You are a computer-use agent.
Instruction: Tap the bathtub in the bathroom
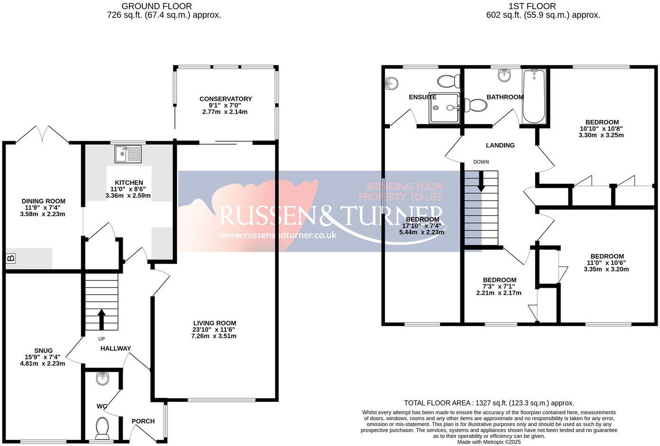point(534,97)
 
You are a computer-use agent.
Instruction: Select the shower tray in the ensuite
point(444,108)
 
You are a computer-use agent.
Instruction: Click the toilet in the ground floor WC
point(102,428)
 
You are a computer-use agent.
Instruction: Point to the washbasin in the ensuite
point(391,84)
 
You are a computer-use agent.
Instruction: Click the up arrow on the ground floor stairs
point(101,319)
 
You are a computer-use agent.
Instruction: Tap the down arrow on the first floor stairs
point(481,182)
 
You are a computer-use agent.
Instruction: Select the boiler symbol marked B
point(10,258)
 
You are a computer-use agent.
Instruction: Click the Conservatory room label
point(226,99)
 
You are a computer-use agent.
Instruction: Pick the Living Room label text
point(214,323)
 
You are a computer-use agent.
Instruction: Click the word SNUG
point(43,351)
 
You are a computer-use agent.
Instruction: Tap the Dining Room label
point(43,201)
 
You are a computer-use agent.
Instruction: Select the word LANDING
point(500,146)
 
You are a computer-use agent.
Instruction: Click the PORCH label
point(143,421)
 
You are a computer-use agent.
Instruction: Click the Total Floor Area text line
point(489,403)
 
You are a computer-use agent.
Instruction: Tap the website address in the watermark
point(278,235)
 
